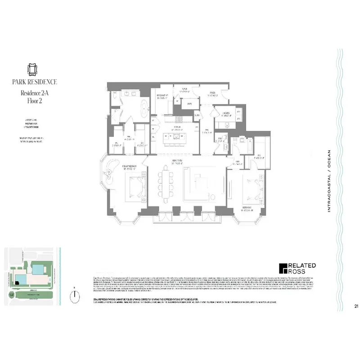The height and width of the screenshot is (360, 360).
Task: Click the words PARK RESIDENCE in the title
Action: pos(35,82)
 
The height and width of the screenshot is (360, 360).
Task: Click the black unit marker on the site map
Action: pos(17,282)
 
